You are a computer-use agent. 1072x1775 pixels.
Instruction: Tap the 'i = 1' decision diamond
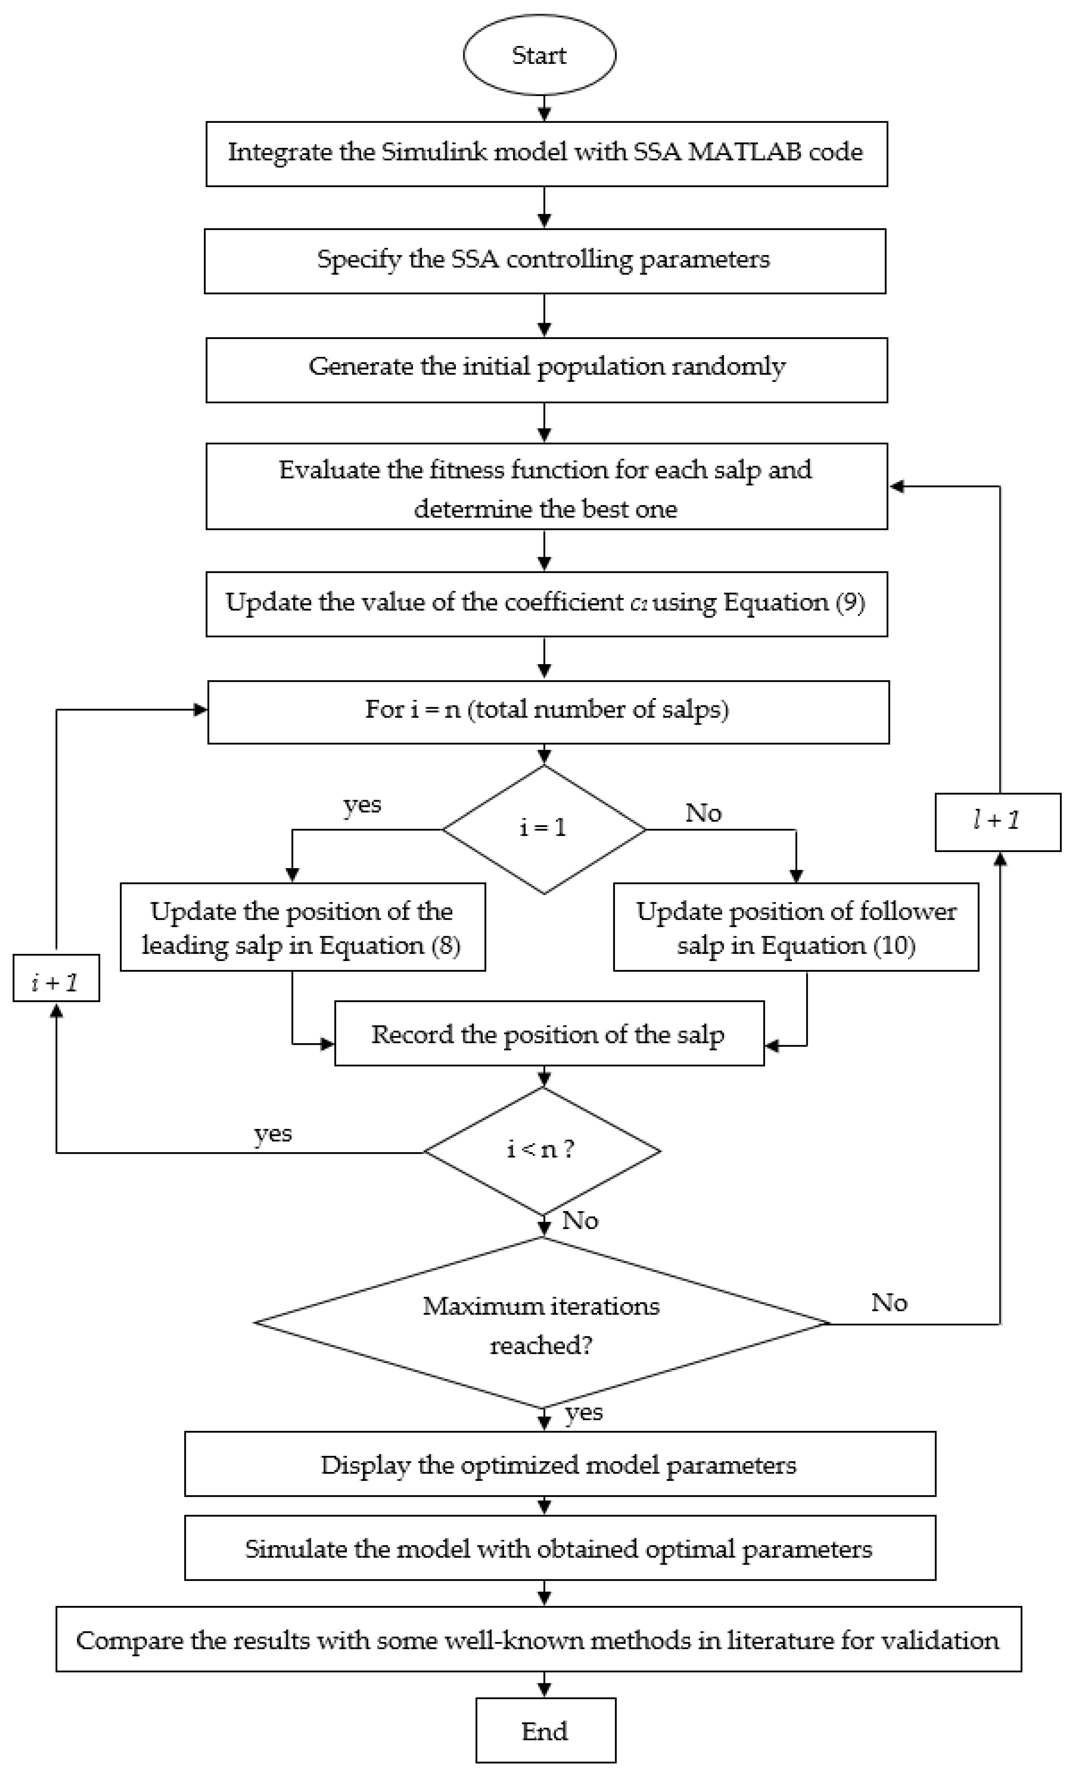tap(543, 829)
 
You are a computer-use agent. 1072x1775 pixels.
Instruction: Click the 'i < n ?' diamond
tap(541, 1151)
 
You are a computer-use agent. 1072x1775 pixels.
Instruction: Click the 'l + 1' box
tap(997, 821)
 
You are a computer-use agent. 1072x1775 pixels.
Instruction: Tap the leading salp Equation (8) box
tap(302, 928)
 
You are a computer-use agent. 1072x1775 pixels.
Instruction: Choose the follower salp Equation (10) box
tap(796, 928)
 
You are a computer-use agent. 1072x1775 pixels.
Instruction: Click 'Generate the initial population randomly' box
tap(546, 368)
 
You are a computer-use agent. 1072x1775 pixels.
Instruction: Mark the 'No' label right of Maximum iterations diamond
tap(889, 1302)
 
